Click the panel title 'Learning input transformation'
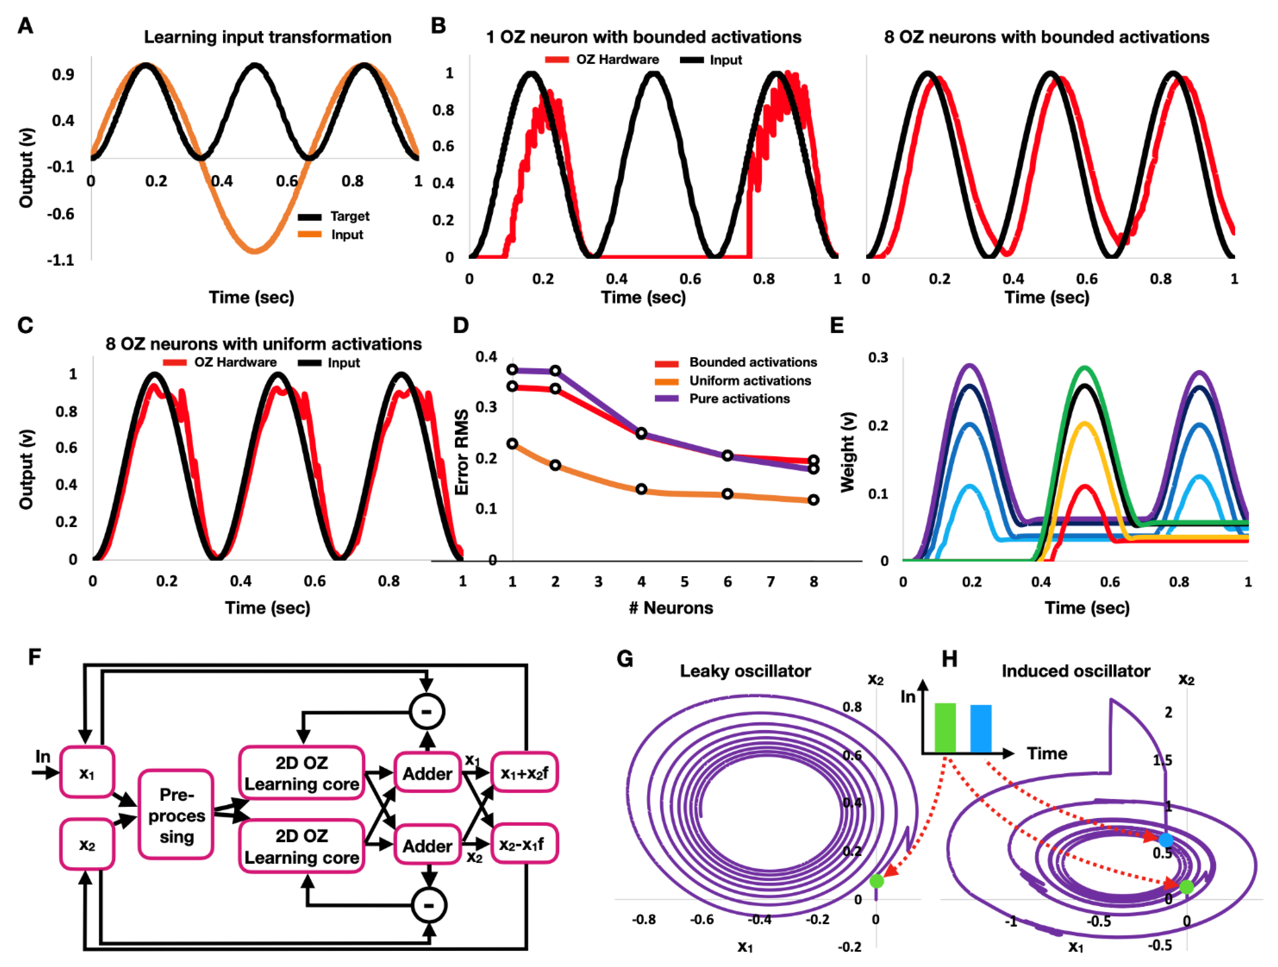pos(268,37)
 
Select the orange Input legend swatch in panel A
pos(310,234)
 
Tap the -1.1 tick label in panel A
pos(61,260)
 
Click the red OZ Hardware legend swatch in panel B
pos(557,60)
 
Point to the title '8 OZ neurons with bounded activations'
pos(1046,37)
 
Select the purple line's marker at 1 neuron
pos(512,370)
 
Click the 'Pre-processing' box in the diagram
pos(176,814)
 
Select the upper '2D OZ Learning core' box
pos(302,773)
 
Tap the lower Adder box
pos(428,846)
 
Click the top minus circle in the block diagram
pos(427,711)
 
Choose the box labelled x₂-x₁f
pos(523,845)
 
